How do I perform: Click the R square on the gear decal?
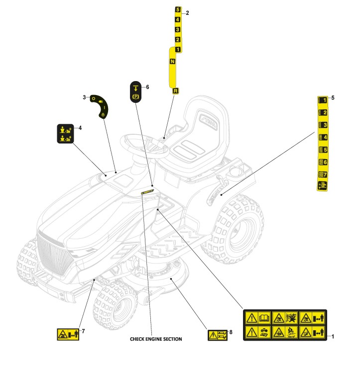click(175, 91)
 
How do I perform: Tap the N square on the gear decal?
click(172, 61)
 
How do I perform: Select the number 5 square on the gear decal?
click(178, 9)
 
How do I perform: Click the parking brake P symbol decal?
click(135, 92)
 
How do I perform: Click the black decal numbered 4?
click(65, 134)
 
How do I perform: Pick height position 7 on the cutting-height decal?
click(323, 175)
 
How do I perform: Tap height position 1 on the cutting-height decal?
click(323, 100)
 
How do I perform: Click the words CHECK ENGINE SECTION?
click(156, 339)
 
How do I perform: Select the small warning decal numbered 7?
click(68, 334)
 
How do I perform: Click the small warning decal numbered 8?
click(218, 335)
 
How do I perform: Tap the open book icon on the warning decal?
click(264, 318)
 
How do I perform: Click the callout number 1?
click(333, 336)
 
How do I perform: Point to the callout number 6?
click(147, 87)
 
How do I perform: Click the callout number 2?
click(187, 13)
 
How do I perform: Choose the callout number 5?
click(333, 98)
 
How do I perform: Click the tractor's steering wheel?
click(144, 146)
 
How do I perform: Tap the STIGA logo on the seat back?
click(208, 122)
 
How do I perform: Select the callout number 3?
click(84, 97)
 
